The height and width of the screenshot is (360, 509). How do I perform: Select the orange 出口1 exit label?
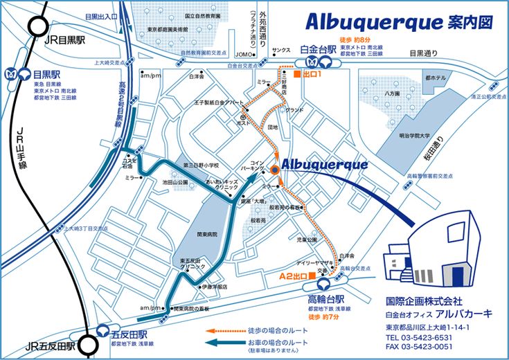click(x=312, y=73)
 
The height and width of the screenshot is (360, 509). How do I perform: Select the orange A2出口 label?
click(x=293, y=276)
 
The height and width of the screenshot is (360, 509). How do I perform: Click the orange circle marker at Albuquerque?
click(x=275, y=169)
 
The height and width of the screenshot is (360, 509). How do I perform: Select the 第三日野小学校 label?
click(x=201, y=165)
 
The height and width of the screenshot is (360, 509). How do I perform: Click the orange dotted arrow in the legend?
click(x=224, y=330)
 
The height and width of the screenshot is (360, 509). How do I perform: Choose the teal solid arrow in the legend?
click(x=224, y=342)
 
